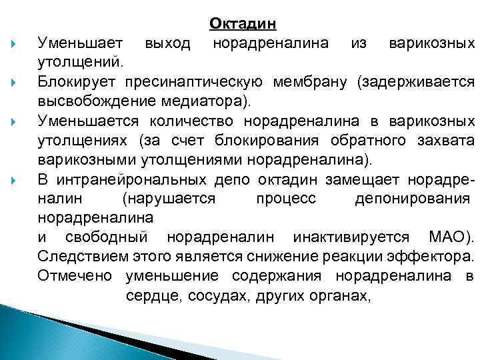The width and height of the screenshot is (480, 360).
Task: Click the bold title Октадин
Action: [243, 24]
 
